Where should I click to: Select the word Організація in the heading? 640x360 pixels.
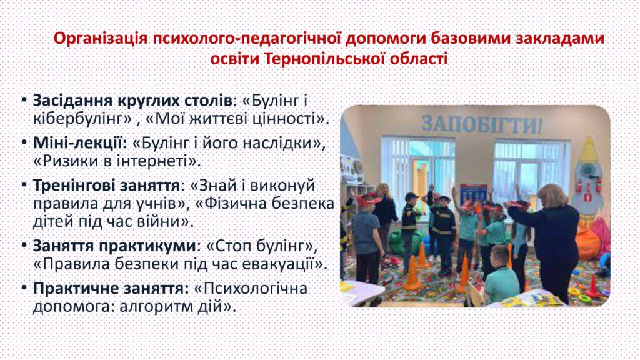coord(101,38)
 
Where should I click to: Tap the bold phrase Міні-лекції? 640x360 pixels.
coord(80,142)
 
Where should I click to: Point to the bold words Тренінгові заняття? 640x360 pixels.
coord(106,185)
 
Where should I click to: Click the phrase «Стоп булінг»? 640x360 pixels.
coord(262,246)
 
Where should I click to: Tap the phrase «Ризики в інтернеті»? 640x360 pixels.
coord(117,161)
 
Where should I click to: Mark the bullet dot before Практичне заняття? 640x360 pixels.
coord(24,287)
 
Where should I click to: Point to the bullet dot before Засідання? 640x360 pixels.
coord(24,100)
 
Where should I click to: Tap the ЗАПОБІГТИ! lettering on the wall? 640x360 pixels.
coord(482,123)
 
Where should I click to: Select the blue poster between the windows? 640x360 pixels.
coord(474,194)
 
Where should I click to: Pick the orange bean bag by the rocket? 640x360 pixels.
coord(587,241)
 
